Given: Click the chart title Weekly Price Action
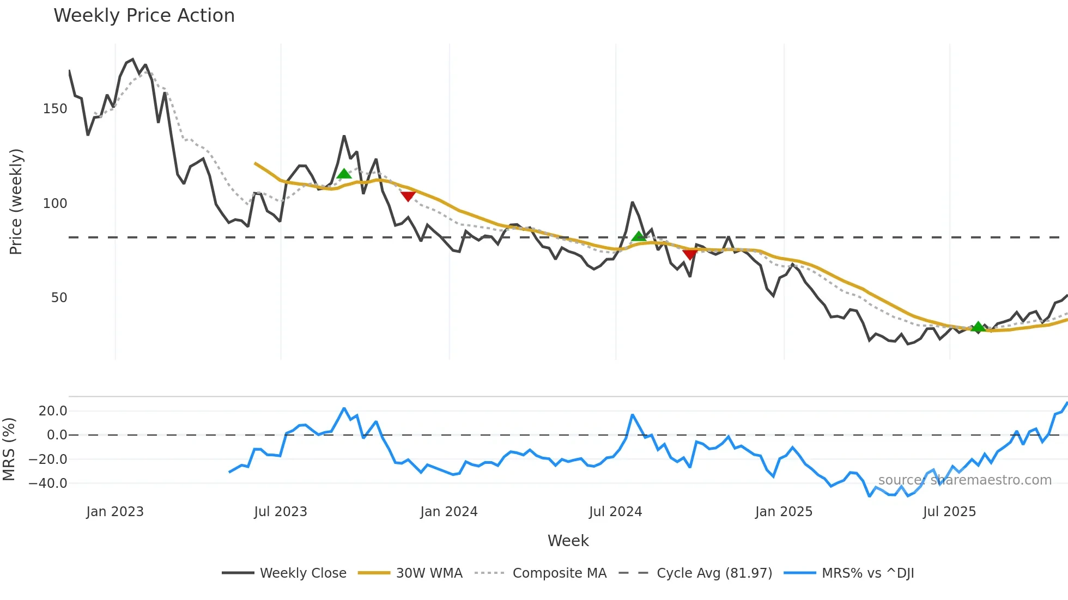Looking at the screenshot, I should (144, 15).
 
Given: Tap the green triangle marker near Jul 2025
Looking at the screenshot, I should (978, 327).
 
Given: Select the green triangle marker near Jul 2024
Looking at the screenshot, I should (639, 236).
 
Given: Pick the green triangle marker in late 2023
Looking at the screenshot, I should (344, 174).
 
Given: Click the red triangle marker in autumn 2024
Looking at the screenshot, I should (690, 254).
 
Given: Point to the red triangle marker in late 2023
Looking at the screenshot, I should (408, 196).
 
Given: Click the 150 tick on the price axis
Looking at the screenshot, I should (55, 109).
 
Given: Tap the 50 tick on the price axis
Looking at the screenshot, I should (59, 298).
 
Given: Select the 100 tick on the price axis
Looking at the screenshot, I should (55, 204).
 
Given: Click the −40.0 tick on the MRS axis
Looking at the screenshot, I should (48, 483).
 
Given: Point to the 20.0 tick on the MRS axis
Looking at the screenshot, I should (53, 411).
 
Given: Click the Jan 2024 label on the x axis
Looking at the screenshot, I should (448, 512).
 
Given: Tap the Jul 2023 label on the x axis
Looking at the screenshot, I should (281, 512).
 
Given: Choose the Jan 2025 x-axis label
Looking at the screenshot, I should (784, 512).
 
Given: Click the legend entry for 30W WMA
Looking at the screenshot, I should (429, 573).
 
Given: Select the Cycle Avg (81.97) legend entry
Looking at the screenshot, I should (714, 573).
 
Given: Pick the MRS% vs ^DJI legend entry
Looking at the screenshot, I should (867, 573).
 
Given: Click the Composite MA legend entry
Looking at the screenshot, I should (559, 573).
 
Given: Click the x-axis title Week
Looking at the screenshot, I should (568, 541).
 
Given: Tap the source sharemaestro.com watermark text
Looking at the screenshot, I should (964, 480).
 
